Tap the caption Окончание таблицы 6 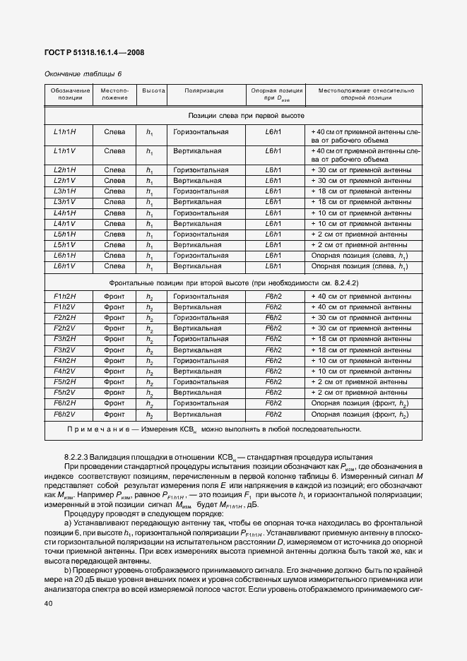73,73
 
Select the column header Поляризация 205,91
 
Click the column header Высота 153,91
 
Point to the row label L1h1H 65,132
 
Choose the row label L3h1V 65,202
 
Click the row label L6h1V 65,266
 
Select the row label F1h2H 65,297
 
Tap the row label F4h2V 65,371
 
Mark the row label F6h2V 65,414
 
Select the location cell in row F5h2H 114,382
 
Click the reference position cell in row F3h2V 273,350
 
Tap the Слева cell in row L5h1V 114,244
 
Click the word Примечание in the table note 99,429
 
